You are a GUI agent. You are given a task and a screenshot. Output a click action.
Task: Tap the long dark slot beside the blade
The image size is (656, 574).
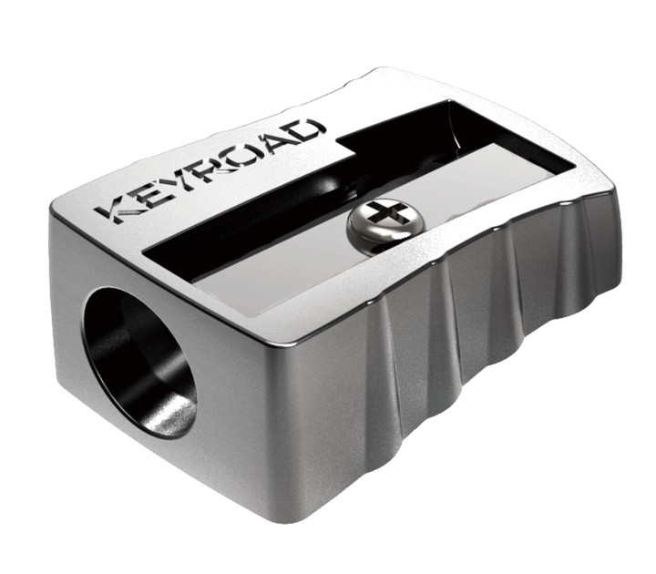click(264, 232)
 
